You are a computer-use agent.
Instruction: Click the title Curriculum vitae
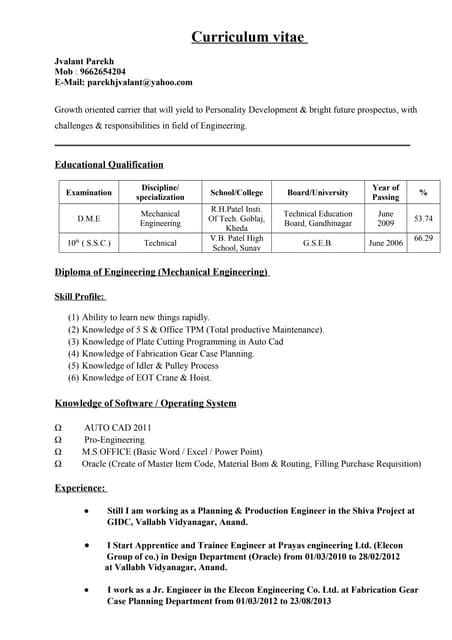tap(250, 38)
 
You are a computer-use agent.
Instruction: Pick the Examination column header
tap(89, 192)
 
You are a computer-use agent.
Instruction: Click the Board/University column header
tap(317, 192)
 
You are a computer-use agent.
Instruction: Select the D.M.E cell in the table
tap(89, 218)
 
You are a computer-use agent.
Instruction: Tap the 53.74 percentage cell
tap(423, 218)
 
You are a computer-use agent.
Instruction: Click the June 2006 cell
tap(385, 243)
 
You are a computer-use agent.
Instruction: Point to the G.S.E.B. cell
tap(318, 243)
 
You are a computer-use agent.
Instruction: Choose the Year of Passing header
tap(385, 192)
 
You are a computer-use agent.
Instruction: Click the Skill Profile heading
tap(80, 296)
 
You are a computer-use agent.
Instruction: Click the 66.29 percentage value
tap(423, 238)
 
